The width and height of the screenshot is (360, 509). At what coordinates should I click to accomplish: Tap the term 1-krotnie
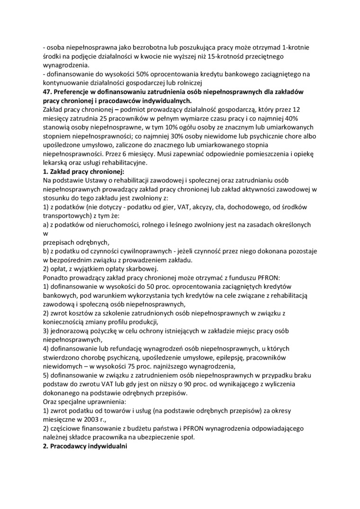296,48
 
